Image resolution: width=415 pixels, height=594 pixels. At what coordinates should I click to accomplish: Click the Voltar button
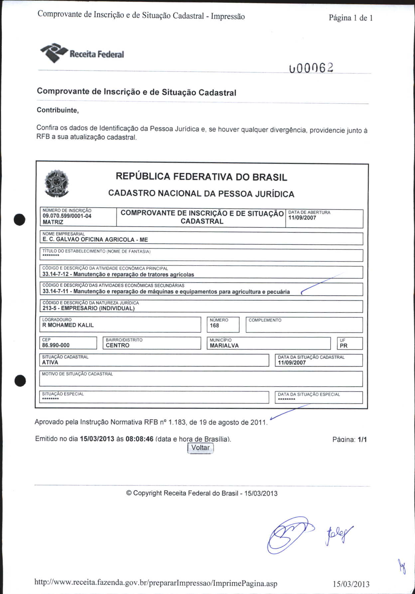coord(200,448)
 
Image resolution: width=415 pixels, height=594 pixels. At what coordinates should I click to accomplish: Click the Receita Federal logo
coord(82,53)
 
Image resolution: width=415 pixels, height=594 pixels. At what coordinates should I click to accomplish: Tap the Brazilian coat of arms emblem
coord(57,183)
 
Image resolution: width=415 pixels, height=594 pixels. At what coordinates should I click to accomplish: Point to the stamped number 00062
coord(311,68)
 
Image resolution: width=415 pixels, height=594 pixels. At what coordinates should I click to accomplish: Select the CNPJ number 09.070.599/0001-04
coord(67,216)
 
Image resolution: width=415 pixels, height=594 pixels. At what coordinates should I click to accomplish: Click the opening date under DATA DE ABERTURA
coord(302,218)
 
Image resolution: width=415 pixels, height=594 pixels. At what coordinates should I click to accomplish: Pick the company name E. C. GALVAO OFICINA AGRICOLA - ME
coord(95,240)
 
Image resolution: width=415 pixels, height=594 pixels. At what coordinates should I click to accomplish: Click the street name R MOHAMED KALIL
coord(68,325)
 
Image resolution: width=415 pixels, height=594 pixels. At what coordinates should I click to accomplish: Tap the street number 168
coord(214,326)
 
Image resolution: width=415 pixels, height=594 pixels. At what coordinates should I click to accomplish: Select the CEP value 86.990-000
coord(56,345)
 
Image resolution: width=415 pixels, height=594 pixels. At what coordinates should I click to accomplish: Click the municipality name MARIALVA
coord(224,346)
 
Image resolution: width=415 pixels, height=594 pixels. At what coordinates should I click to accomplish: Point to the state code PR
coord(344,346)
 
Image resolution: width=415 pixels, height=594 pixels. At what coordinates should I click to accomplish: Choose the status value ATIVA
coord(50,363)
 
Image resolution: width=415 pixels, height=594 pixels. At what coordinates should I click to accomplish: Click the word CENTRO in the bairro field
coord(117,345)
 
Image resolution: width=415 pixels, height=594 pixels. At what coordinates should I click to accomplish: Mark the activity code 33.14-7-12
coord(55,275)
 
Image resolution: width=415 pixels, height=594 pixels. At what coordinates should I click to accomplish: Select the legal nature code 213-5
coord(50,308)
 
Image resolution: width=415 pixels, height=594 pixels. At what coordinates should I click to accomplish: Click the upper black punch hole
coord(20,220)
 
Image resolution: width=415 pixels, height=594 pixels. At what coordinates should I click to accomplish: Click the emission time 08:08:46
coord(139,439)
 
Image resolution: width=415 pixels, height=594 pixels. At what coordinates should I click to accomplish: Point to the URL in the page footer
coord(156,583)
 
